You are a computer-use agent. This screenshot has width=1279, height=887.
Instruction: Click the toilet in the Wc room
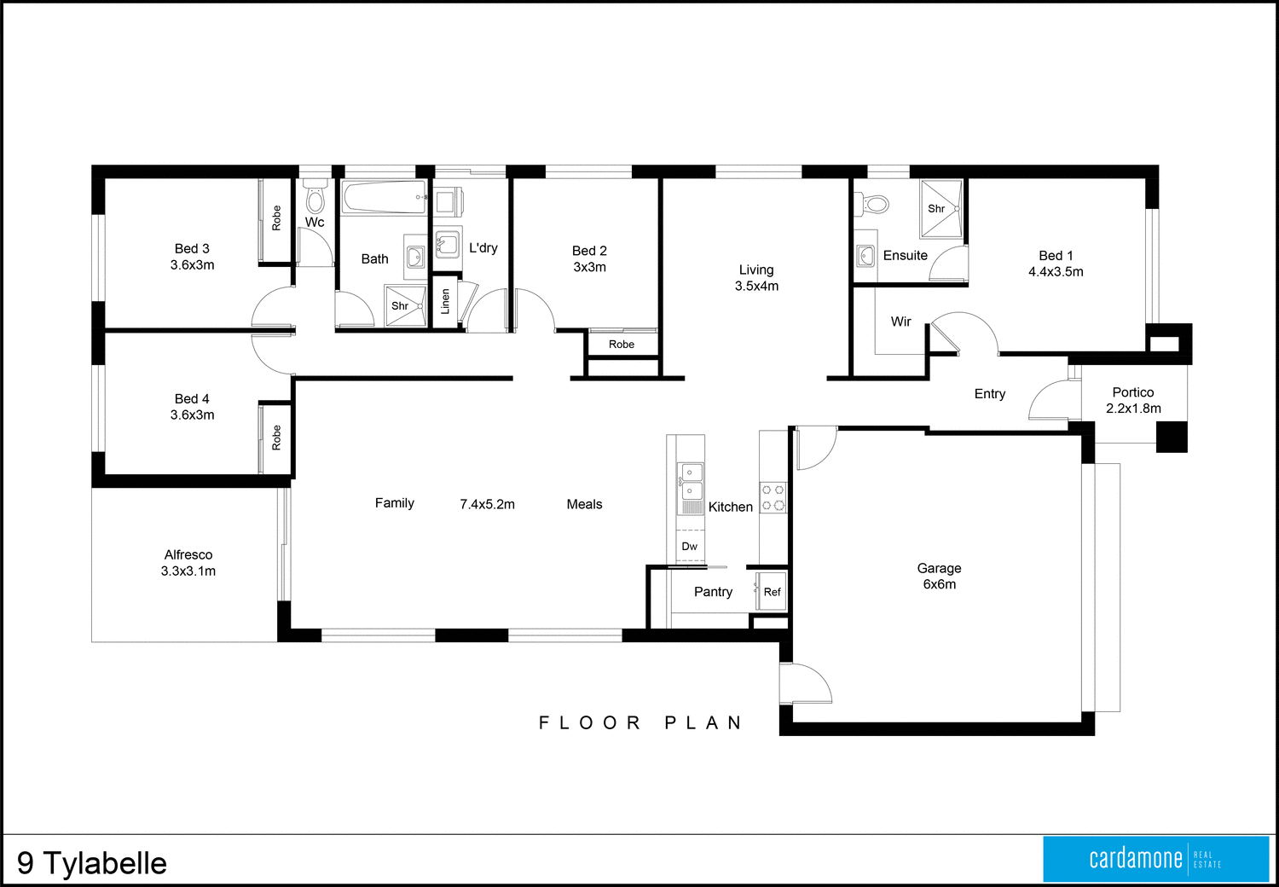click(x=315, y=198)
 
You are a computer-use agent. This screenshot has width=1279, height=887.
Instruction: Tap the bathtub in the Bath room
click(x=384, y=198)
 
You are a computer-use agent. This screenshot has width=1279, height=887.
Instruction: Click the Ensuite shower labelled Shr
click(x=940, y=208)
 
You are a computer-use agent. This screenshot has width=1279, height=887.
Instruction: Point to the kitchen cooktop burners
click(x=773, y=498)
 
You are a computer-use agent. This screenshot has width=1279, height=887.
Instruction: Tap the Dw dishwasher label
click(x=689, y=547)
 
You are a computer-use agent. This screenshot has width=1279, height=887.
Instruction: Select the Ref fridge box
click(x=772, y=592)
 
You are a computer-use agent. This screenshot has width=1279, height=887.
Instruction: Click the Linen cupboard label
click(x=445, y=301)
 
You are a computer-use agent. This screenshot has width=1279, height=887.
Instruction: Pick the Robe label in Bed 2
click(x=622, y=345)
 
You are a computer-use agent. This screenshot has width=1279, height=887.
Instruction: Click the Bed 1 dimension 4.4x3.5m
click(x=1056, y=272)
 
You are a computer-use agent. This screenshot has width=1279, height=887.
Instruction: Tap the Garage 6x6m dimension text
click(x=939, y=584)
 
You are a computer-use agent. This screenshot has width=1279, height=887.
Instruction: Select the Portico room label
click(x=1132, y=392)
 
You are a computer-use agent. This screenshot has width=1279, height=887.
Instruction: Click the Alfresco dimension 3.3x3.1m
click(x=188, y=571)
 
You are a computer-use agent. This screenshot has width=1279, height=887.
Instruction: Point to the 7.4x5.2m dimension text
click(x=487, y=504)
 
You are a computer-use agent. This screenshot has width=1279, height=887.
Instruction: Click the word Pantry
click(x=713, y=592)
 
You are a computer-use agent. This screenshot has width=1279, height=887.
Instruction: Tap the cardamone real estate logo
click(x=1155, y=859)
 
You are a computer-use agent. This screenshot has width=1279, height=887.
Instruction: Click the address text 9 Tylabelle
click(x=92, y=863)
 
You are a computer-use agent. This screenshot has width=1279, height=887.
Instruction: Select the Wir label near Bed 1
click(x=900, y=322)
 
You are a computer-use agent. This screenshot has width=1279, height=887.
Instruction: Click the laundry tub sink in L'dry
click(x=447, y=244)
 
